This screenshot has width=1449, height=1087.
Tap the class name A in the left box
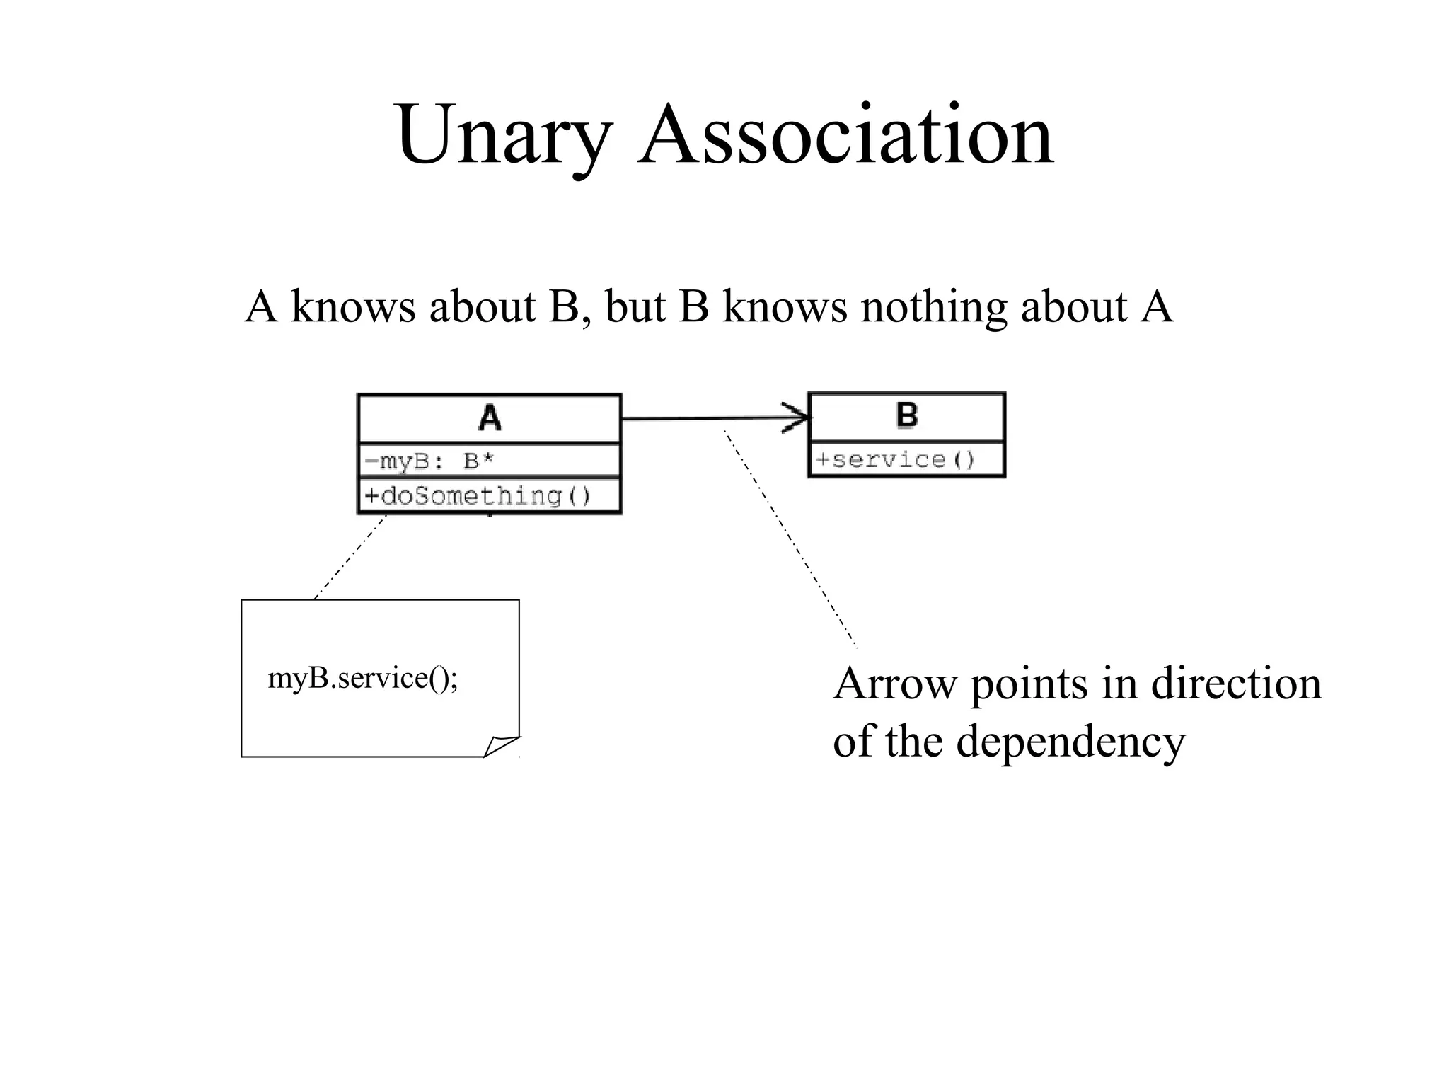pos(490,418)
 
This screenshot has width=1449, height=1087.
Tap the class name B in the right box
pos(906,415)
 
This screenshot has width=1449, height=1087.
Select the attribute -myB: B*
pos(429,461)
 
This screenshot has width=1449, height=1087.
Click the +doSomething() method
pos(478,495)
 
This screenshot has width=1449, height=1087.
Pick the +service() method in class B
pos(895,460)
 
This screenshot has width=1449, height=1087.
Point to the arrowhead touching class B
pos(798,418)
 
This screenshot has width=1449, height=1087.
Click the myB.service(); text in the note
pos(363,679)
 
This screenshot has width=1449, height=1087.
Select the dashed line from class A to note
pos(350,558)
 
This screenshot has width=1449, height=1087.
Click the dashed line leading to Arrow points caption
pos(790,538)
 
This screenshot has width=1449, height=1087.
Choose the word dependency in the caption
pos(1070,742)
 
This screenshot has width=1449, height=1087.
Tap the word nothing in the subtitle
pos(933,307)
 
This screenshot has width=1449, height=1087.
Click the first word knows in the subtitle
pos(353,307)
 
